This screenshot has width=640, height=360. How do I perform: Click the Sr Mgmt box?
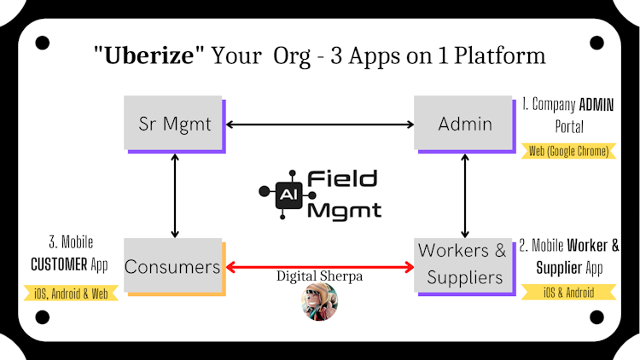(x=175, y=125)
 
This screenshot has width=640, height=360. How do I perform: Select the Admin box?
(x=464, y=124)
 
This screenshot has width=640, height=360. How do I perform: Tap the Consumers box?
(x=172, y=267)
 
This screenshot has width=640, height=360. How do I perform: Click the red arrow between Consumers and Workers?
(x=320, y=267)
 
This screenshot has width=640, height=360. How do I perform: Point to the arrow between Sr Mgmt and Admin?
(x=320, y=125)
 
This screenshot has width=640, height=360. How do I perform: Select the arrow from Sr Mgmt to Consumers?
(x=175, y=196)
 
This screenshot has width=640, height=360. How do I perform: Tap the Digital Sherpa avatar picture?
(x=320, y=302)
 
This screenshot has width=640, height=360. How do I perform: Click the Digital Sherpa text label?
(x=319, y=276)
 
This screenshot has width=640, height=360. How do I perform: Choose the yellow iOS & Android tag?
(x=568, y=293)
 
